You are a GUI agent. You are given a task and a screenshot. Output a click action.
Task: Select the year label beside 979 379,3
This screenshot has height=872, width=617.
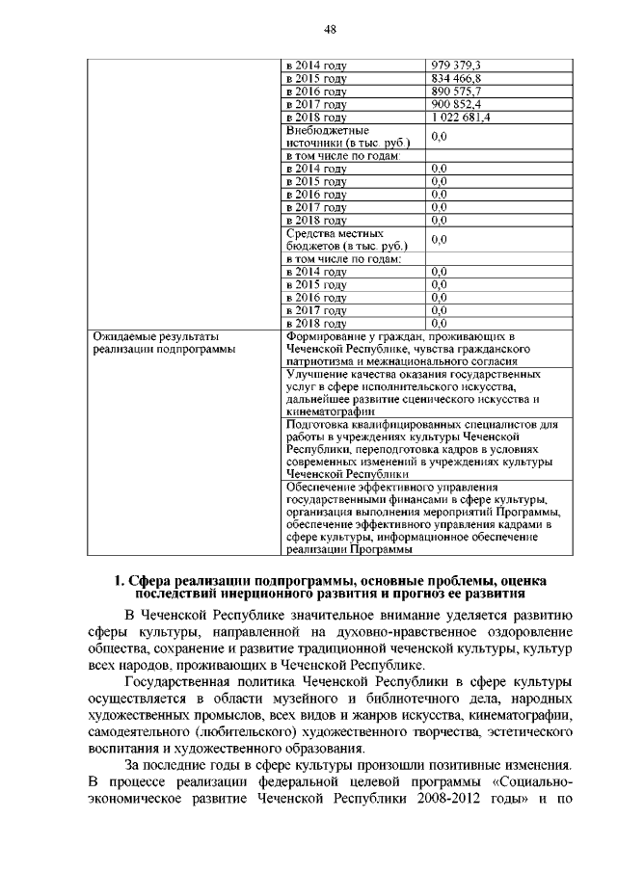click(316, 66)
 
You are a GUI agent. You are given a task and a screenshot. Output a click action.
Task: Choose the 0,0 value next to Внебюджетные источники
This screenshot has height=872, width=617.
click(440, 137)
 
